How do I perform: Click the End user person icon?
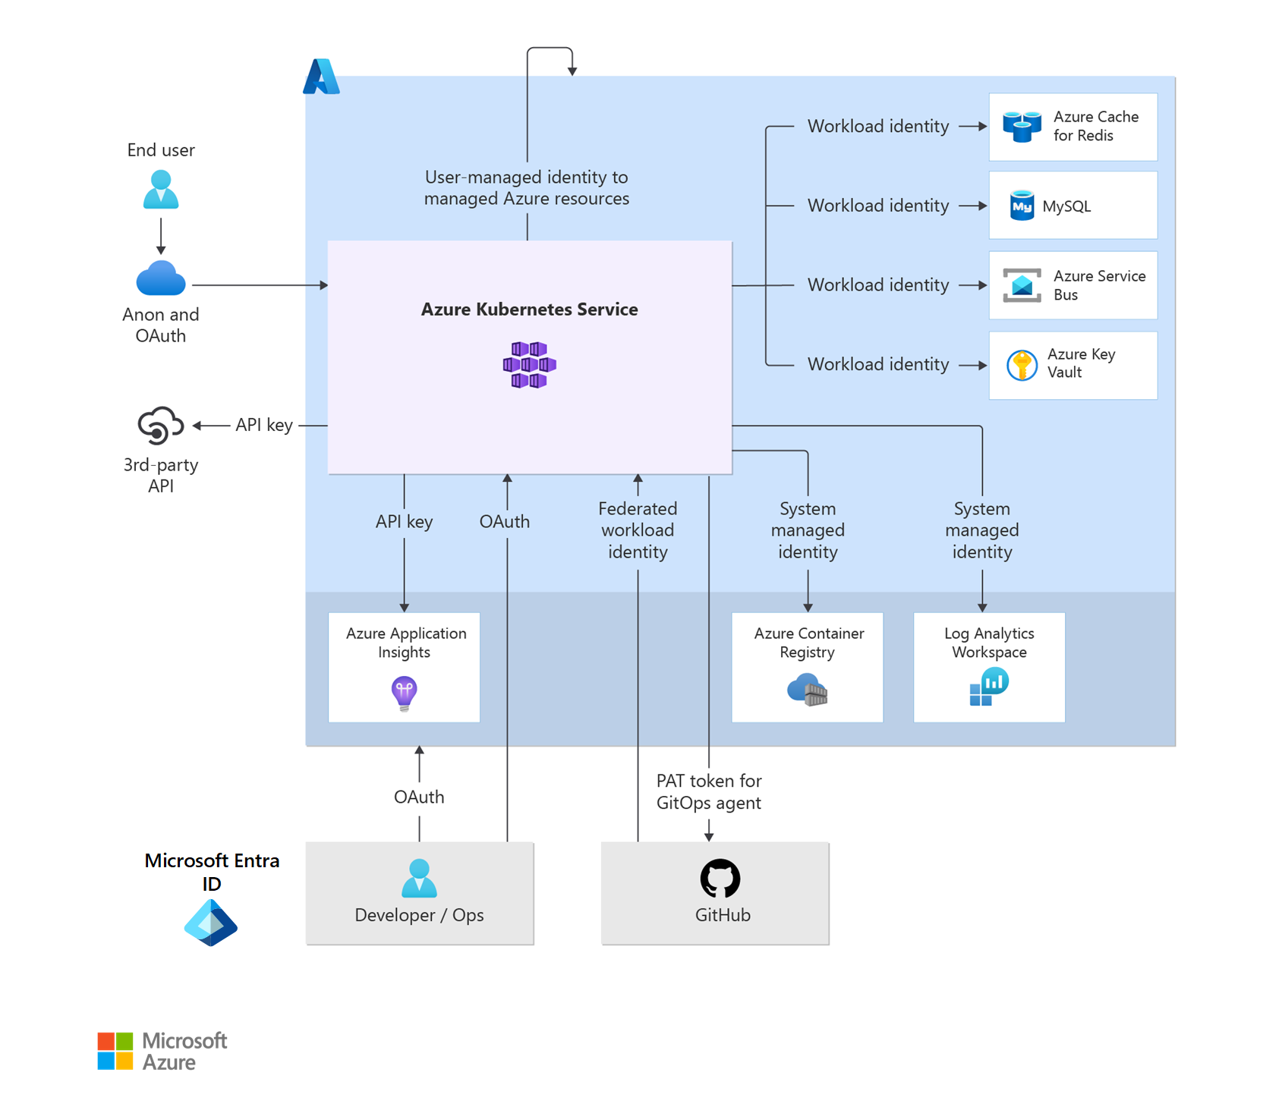[x=161, y=190]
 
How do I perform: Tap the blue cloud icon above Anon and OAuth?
[x=161, y=278]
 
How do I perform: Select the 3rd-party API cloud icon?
[x=160, y=425]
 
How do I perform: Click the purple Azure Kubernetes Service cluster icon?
[x=530, y=365]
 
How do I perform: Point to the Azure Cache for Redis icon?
[x=1022, y=127]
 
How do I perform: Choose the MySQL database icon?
[x=1022, y=206]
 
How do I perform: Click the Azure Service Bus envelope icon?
[x=1022, y=285]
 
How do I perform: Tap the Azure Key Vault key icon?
[x=1022, y=365]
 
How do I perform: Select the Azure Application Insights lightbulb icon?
[x=404, y=693]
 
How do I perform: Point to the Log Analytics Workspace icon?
[x=988, y=686]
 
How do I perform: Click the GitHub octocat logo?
[x=720, y=879]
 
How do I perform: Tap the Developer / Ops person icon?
[x=419, y=879]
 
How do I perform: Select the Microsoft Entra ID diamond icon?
[x=211, y=923]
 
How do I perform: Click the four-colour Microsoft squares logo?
[x=115, y=1051]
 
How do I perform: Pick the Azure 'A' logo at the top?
[x=321, y=77]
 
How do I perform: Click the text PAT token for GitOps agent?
[x=708, y=791]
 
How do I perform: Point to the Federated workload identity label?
[x=638, y=530]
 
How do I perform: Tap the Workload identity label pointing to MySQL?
[x=878, y=206]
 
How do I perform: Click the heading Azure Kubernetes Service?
[x=529, y=310]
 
